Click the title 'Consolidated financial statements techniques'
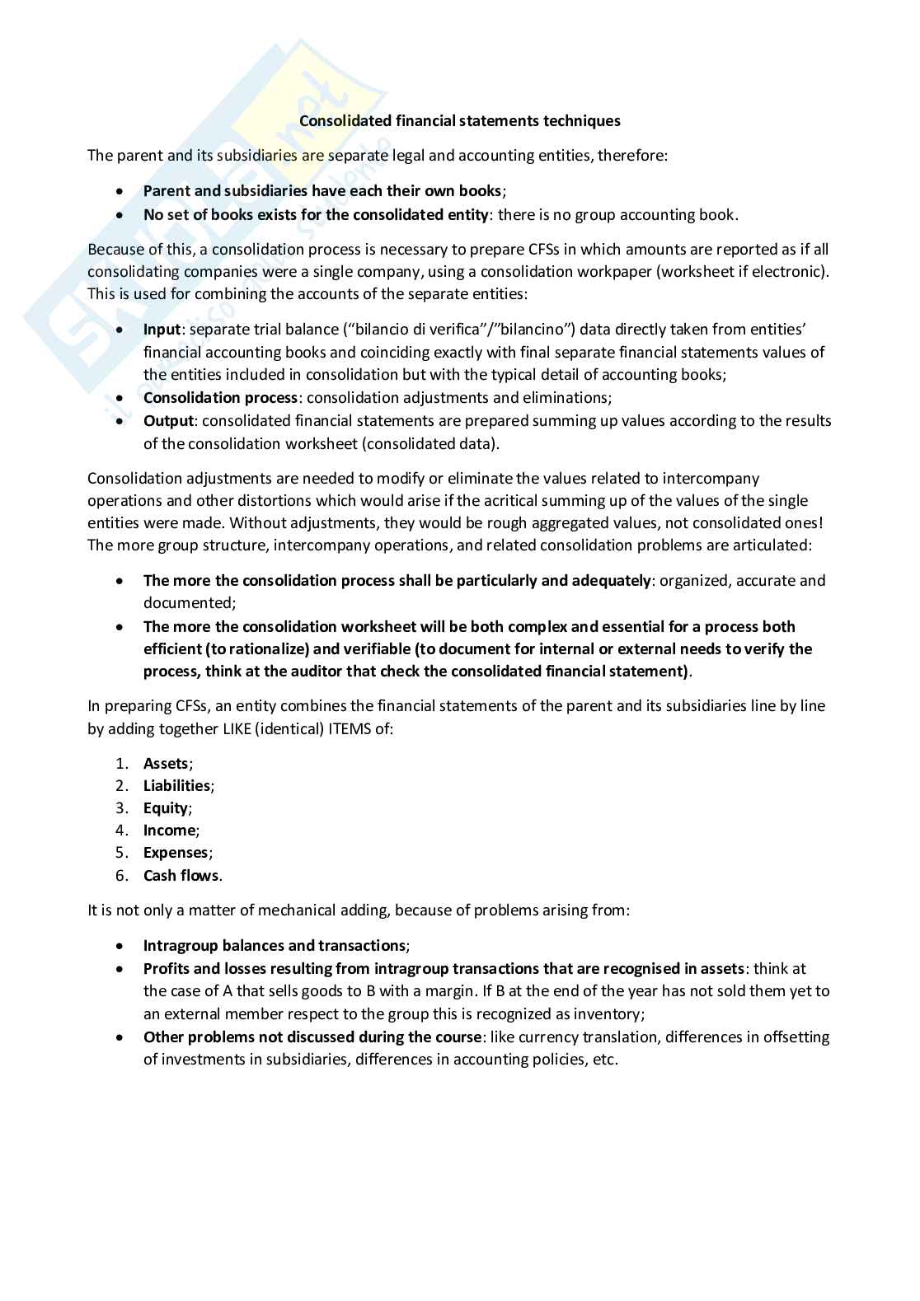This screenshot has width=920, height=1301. pyautogui.click(x=459, y=121)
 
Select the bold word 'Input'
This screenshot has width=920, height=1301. pyautogui.click(x=162, y=330)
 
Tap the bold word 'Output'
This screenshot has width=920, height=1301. pyautogui.click(x=168, y=421)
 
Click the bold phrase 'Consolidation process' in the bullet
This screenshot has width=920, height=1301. pyautogui.click(x=220, y=398)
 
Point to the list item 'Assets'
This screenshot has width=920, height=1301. pyautogui.click(x=166, y=764)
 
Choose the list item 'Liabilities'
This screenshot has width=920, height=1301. pyautogui.click(x=176, y=786)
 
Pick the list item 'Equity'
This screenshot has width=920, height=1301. pyautogui.click(x=166, y=808)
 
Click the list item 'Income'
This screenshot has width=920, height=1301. pyautogui.click(x=169, y=831)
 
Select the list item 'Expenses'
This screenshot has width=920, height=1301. pyautogui.click(x=176, y=853)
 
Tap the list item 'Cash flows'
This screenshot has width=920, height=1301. pyautogui.click(x=181, y=876)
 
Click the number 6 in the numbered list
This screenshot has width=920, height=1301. pyautogui.click(x=121, y=876)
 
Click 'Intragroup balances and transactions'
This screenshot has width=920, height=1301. pyautogui.click(x=275, y=946)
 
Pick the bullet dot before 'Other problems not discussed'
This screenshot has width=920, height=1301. pyautogui.click(x=121, y=1038)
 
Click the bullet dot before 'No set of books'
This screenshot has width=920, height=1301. pyautogui.click(x=121, y=216)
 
